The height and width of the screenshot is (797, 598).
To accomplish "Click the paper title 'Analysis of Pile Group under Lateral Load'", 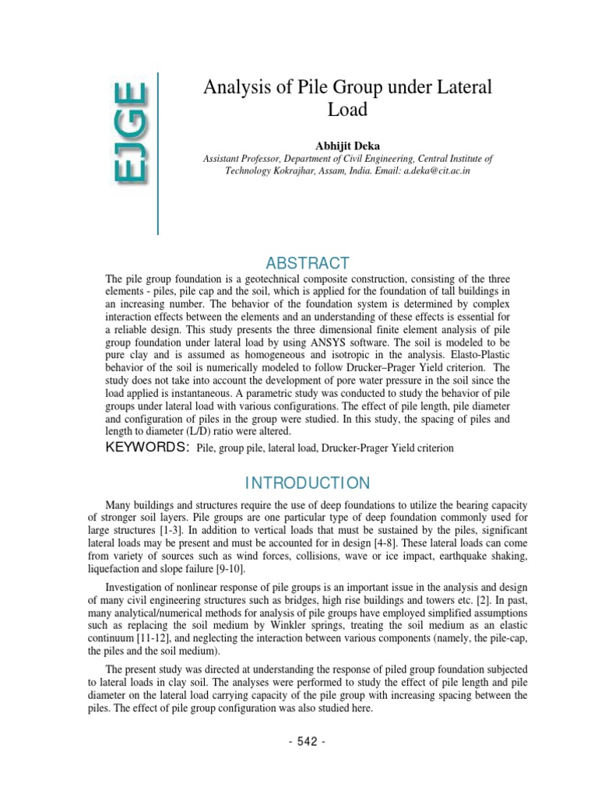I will [x=347, y=98].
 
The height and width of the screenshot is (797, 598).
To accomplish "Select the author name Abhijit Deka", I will [x=347, y=145].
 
